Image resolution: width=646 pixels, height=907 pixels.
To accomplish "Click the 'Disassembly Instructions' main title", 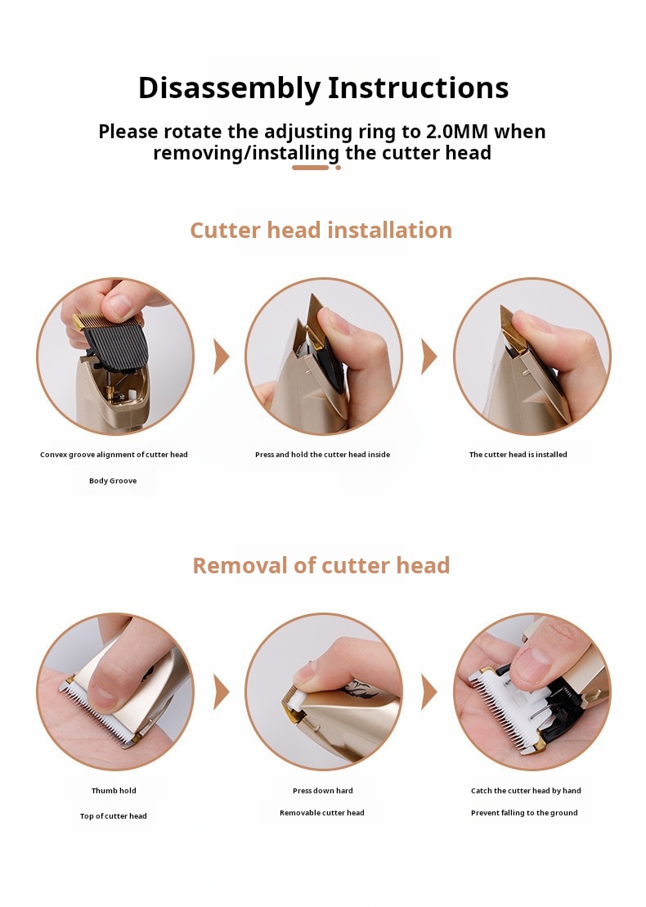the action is pyautogui.click(x=323, y=88).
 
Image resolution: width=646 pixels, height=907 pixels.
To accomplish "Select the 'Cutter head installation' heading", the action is pyautogui.click(x=321, y=230).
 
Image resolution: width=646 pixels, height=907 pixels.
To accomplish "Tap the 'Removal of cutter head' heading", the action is pyautogui.click(x=321, y=565).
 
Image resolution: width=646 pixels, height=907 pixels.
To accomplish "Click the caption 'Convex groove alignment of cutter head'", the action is pyautogui.click(x=114, y=455).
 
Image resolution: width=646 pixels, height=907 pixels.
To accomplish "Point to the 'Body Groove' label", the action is pyautogui.click(x=113, y=481).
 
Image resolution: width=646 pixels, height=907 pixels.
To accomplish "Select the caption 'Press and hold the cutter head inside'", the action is pyautogui.click(x=323, y=455).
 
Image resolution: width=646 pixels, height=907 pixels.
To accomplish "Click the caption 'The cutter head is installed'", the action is pyautogui.click(x=518, y=455).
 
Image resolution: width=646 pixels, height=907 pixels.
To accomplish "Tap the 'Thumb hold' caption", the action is pyautogui.click(x=114, y=791).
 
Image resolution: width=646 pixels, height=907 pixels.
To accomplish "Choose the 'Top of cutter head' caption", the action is pyautogui.click(x=114, y=816).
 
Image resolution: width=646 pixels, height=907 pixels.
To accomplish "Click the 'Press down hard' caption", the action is pyautogui.click(x=323, y=791).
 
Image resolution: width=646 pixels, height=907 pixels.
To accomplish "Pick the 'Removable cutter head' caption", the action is pyautogui.click(x=322, y=813).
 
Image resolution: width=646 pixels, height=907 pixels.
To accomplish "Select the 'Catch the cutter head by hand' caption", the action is pyautogui.click(x=526, y=791).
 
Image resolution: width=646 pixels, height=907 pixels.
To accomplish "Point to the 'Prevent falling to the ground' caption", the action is pyautogui.click(x=524, y=813).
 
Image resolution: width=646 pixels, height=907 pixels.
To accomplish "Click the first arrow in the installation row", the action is pyautogui.click(x=222, y=357).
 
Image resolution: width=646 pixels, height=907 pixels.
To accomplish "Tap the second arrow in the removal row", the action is pyautogui.click(x=429, y=692).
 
